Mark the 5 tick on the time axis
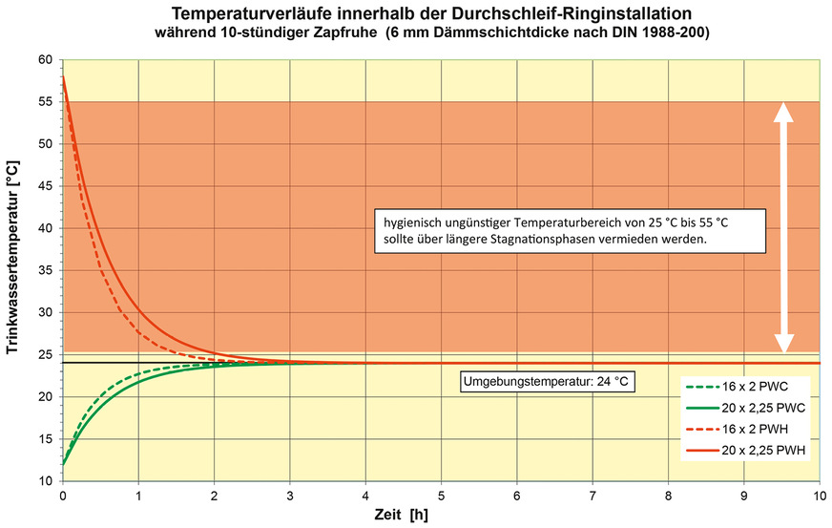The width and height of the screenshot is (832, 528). click(x=441, y=496)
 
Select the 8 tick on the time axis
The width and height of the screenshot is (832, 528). click(x=668, y=496)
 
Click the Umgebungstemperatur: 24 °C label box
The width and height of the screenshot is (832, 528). click(x=548, y=382)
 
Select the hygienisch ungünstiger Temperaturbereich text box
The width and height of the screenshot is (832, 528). click(x=569, y=230)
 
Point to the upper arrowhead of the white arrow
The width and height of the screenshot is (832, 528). click(x=783, y=114)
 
